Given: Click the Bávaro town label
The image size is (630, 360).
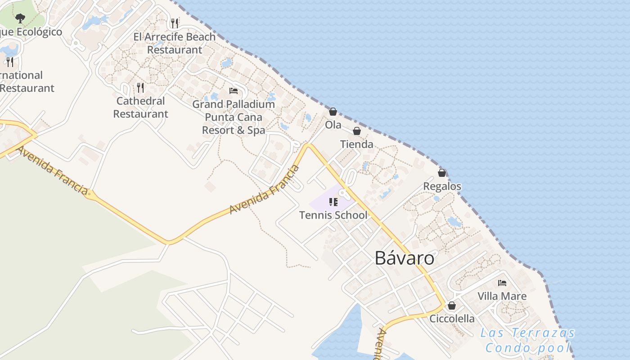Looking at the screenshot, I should [405, 258].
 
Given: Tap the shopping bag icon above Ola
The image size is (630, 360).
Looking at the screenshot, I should [333, 112].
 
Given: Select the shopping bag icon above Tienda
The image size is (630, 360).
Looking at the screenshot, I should [357, 131].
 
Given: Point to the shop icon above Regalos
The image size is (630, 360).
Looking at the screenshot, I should [442, 173].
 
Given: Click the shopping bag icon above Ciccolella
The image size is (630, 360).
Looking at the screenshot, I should [452, 306].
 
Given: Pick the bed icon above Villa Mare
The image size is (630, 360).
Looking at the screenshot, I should [502, 283].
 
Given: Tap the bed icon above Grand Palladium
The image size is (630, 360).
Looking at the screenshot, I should [234, 91].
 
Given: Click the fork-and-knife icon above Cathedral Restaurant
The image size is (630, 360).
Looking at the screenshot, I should [140, 87].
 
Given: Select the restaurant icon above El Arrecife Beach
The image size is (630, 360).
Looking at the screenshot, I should [175, 23].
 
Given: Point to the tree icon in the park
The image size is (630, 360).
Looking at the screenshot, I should [20, 18].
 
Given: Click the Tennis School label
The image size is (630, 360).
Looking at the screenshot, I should [333, 215].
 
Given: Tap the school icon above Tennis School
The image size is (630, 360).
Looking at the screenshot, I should [333, 202].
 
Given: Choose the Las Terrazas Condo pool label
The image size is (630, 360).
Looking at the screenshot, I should [527, 340].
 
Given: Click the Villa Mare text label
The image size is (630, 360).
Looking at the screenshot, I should [502, 296].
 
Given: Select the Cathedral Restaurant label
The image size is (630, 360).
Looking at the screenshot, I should [140, 107].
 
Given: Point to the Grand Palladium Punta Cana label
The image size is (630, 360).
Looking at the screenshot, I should [234, 117].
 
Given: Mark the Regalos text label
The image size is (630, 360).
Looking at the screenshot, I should [442, 186].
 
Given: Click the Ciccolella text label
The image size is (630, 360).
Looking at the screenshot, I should [452, 319].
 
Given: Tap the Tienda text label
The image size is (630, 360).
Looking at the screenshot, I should [357, 144].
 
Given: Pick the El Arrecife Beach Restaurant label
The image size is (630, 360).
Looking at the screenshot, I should [175, 43].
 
